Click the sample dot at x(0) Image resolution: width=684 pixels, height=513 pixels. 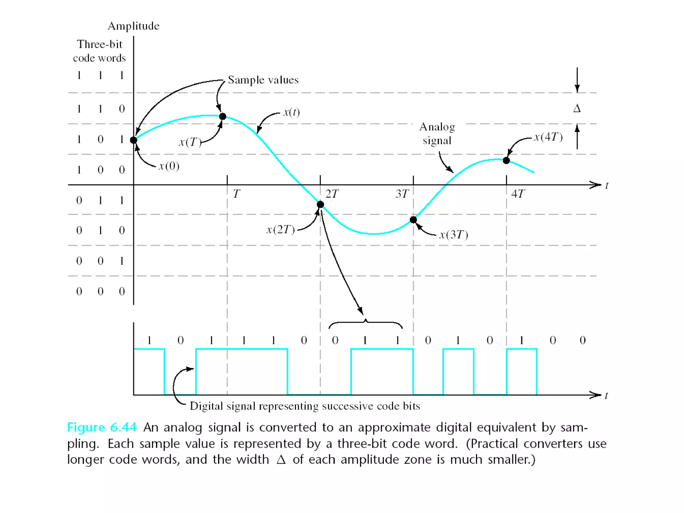pos(134,140)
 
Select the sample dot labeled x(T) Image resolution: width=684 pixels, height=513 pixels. pos(223,116)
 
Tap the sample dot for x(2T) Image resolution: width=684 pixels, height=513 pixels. pos(320,204)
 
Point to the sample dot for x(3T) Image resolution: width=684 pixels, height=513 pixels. pos(413,220)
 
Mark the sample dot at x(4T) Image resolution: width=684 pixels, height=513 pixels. pos(506,161)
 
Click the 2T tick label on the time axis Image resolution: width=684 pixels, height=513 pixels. pos(332,194)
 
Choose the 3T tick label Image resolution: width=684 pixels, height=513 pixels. pos(402,194)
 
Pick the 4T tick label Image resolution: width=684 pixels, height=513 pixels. pos(518,194)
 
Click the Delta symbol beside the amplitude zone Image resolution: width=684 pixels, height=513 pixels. pos(577,109)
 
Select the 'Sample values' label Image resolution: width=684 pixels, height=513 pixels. pos(263,80)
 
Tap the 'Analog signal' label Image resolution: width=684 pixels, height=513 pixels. pos(437,134)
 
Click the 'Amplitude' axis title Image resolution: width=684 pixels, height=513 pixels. pos(134,26)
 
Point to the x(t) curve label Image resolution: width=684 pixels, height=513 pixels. pos(292,112)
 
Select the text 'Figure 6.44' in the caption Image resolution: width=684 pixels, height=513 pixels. pos(102,427)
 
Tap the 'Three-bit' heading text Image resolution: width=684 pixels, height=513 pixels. pos(100,44)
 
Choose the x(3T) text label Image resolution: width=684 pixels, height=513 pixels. pos(454,235)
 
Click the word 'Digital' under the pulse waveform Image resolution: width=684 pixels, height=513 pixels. pos(206,406)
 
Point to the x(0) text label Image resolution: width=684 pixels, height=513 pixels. pos(169,166)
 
